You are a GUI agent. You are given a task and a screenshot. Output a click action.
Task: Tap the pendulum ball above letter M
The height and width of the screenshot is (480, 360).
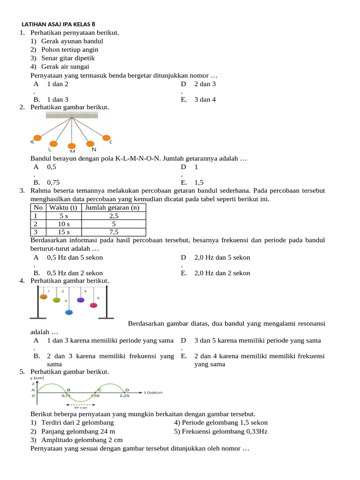tap(72, 146)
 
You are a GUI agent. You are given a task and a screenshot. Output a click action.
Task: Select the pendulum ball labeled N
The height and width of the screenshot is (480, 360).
tap(90, 144)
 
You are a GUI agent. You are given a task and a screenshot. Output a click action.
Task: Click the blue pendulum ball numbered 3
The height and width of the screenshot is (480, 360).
tap(69, 312)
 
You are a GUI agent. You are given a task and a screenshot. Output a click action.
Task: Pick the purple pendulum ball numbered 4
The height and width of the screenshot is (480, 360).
tap(81, 300)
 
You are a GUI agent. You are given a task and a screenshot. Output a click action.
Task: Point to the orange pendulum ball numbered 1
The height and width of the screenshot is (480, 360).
tap(44, 296)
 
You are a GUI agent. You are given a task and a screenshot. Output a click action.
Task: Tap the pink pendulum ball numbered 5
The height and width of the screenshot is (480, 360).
tap(93, 305)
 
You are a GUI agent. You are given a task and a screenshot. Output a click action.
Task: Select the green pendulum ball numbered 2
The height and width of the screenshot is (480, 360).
tap(56, 300)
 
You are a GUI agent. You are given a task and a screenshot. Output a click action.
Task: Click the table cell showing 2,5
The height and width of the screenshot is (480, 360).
tap(113, 216)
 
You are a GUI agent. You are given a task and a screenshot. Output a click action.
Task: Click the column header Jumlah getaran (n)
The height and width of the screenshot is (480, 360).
tap(113, 208)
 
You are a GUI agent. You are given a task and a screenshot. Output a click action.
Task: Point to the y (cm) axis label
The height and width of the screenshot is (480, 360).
tap(37, 378)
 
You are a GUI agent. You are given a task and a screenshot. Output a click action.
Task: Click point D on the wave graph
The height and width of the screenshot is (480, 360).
tap(127, 389)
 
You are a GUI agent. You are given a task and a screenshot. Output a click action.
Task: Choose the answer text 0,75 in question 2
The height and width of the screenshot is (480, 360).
tap(53, 183)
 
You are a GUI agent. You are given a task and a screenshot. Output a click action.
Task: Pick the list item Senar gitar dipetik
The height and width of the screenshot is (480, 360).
tap(68, 58)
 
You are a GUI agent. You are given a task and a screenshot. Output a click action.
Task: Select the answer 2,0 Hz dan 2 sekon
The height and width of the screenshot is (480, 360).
tap(222, 273)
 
